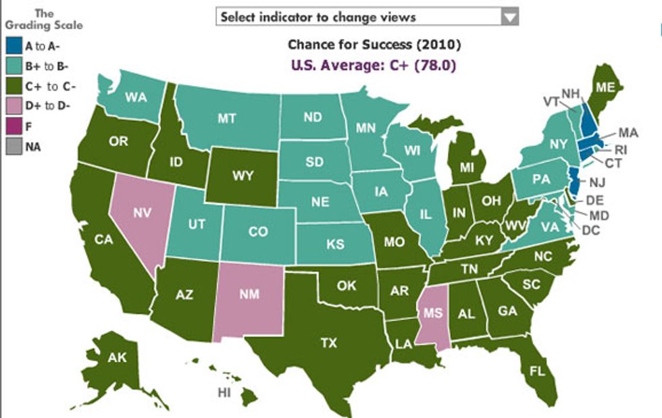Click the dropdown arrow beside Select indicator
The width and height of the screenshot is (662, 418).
510,17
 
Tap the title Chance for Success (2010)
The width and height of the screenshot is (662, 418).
374,45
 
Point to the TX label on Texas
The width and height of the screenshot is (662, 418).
328,343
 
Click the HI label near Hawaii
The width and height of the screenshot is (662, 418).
224,392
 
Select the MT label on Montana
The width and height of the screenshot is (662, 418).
227,118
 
